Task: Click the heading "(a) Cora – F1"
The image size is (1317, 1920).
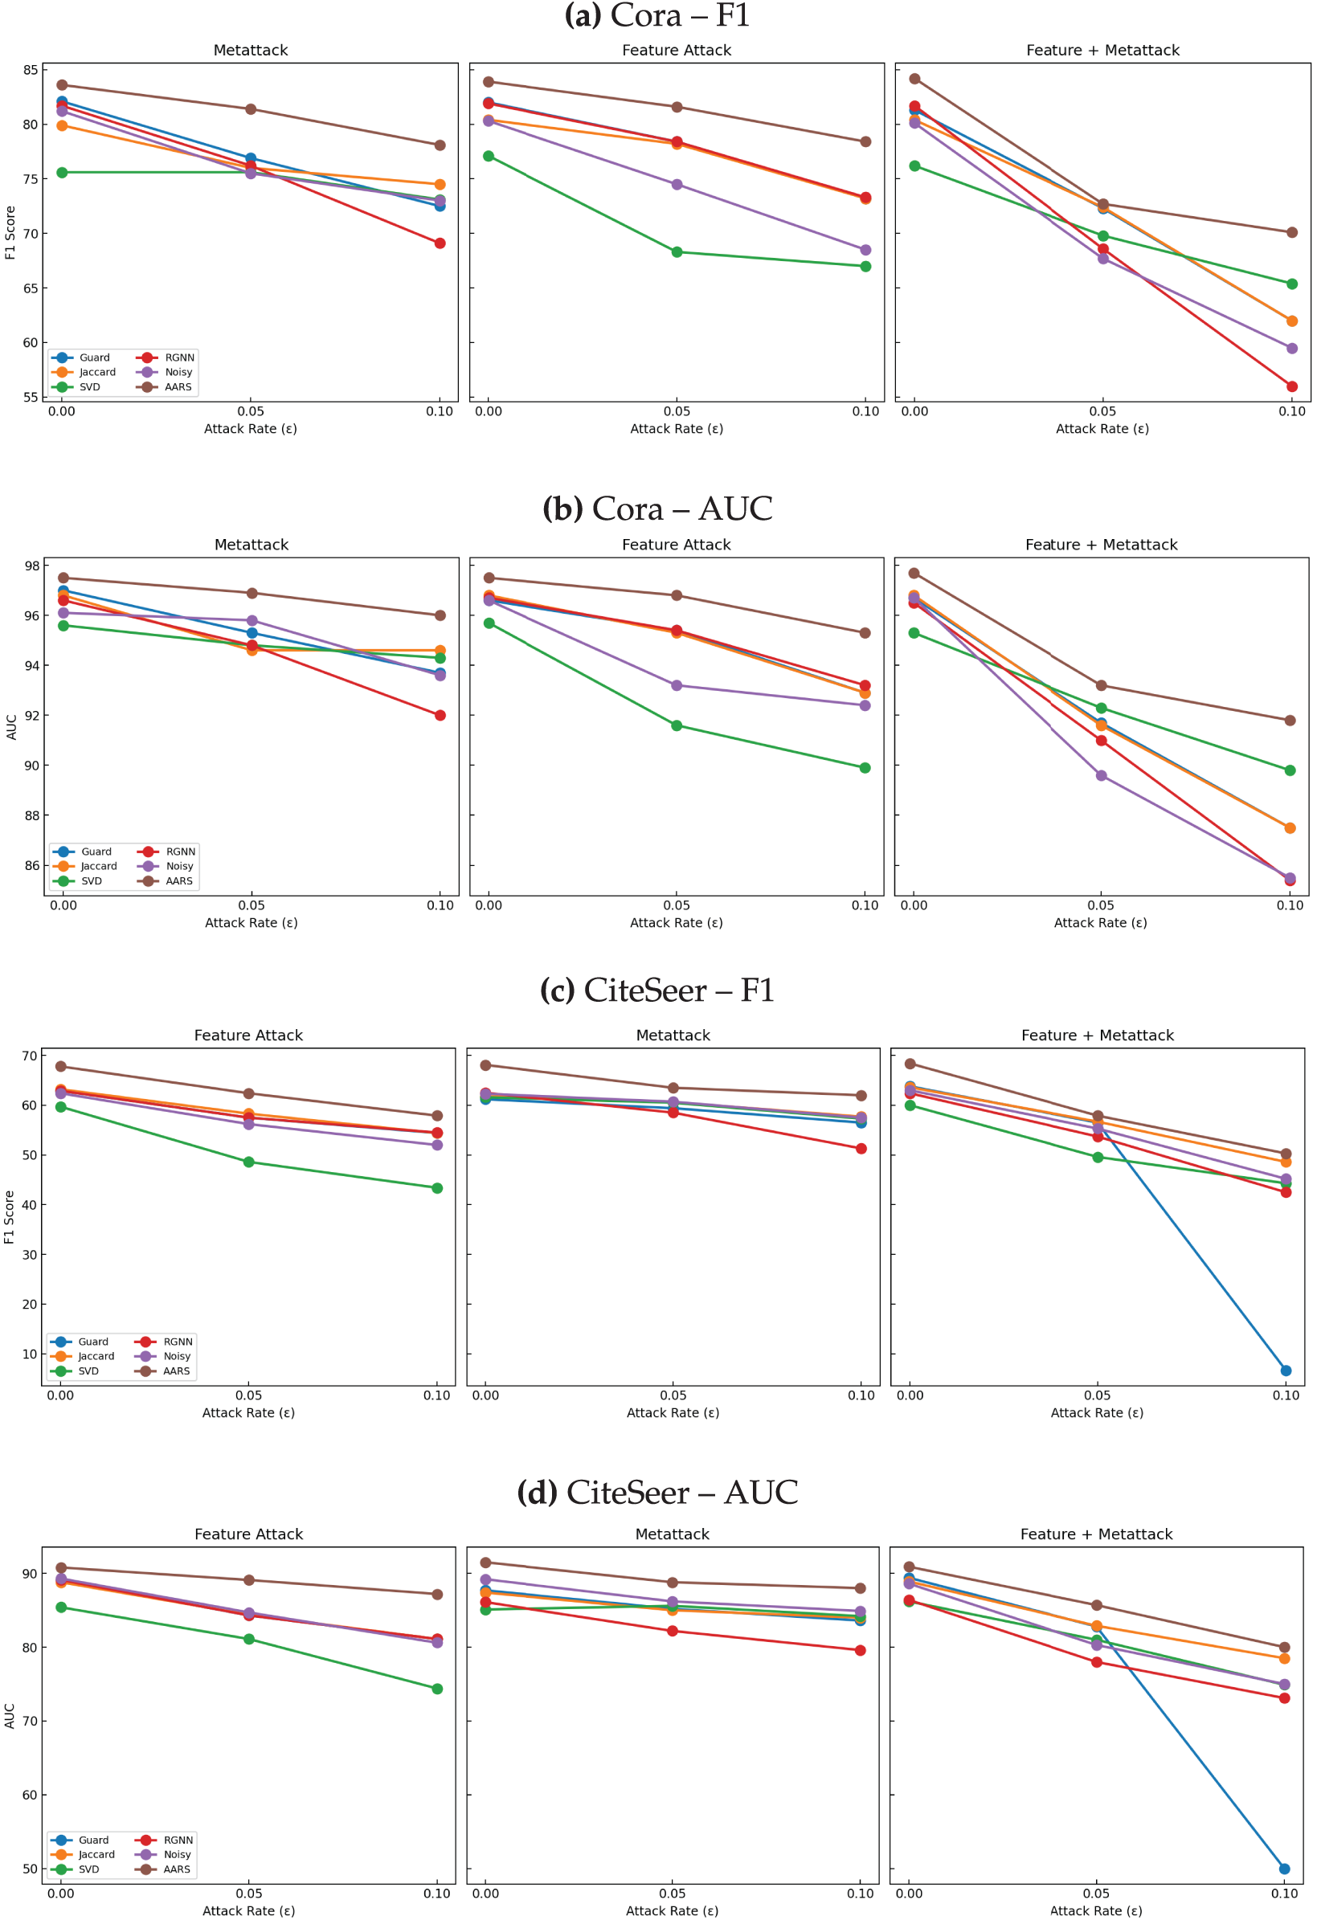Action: tap(656, 15)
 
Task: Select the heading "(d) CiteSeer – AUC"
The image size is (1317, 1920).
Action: tap(656, 1492)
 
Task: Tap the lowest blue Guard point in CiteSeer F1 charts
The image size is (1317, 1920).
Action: tap(1286, 1371)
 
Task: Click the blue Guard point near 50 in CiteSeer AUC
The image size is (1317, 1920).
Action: tap(1284, 1869)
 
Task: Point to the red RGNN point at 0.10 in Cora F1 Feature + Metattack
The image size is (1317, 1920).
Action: tap(1291, 386)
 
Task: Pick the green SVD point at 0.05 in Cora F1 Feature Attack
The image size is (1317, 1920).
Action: tap(677, 252)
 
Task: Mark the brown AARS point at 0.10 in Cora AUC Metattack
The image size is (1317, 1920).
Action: tap(440, 615)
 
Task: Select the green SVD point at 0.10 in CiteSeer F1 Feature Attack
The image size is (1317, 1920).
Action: tap(437, 1188)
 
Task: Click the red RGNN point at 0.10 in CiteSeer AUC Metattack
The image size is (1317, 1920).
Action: tap(860, 1650)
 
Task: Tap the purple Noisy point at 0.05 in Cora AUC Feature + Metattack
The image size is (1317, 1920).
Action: tap(1102, 776)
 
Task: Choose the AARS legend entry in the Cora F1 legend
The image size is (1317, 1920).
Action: tap(169, 386)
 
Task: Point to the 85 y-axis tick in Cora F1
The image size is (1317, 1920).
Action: tap(31, 70)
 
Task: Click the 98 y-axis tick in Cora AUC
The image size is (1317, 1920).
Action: tap(32, 566)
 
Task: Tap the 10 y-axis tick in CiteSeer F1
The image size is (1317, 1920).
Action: tap(30, 1354)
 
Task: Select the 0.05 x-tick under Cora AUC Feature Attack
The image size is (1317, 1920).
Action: tap(677, 905)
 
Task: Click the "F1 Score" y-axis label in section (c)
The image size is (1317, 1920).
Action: tap(10, 1217)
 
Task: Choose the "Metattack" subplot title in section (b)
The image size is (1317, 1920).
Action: tap(252, 545)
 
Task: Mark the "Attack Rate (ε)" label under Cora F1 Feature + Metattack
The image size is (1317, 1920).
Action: tap(1102, 429)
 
